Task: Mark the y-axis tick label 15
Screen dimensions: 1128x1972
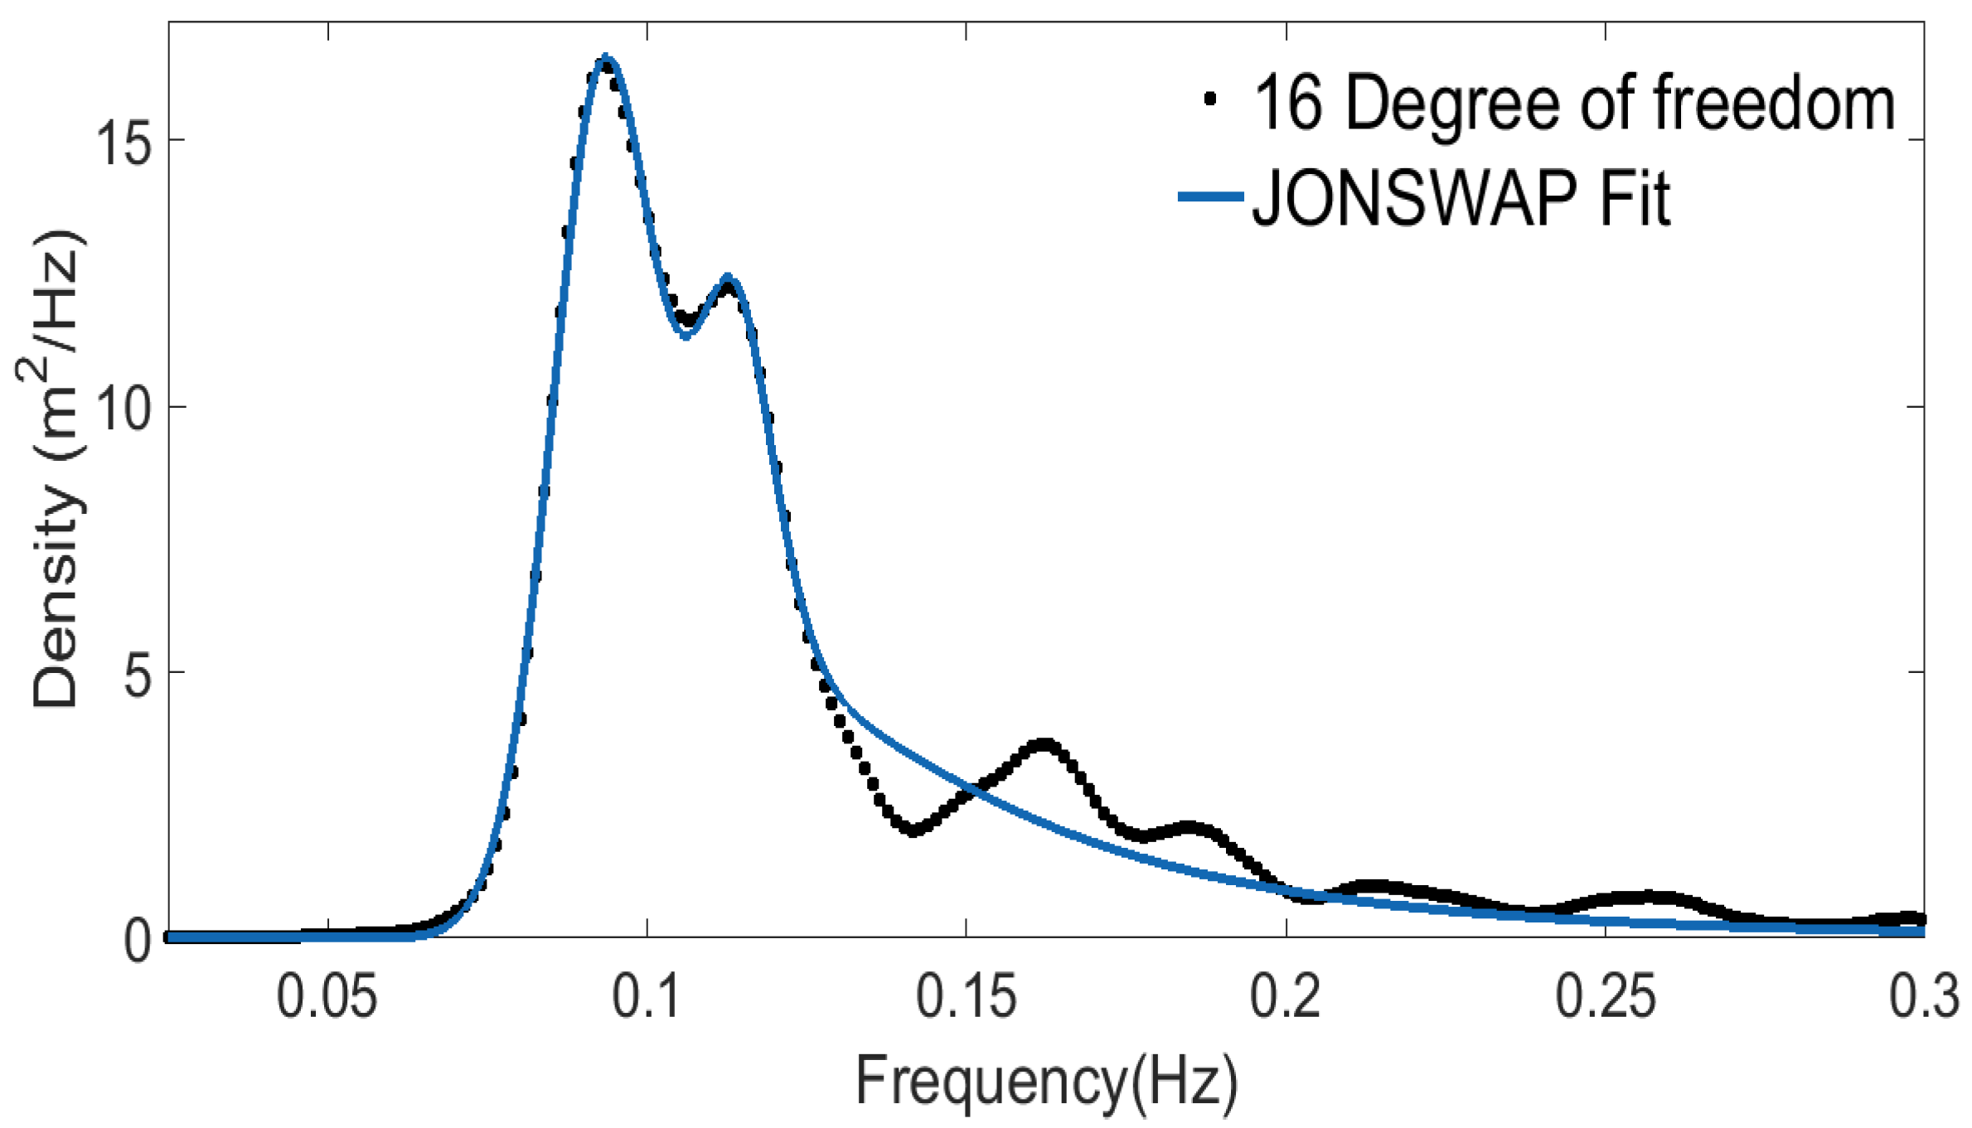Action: coord(124,142)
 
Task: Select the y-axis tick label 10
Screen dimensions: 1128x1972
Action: coord(124,408)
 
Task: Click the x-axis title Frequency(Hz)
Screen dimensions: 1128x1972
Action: coord(1046,1081)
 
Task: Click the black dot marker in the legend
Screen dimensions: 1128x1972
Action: coord(1209,99)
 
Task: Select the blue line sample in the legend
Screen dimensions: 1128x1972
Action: coord(1210,197)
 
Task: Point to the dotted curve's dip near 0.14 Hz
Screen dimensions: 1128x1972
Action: coord(912,830)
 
